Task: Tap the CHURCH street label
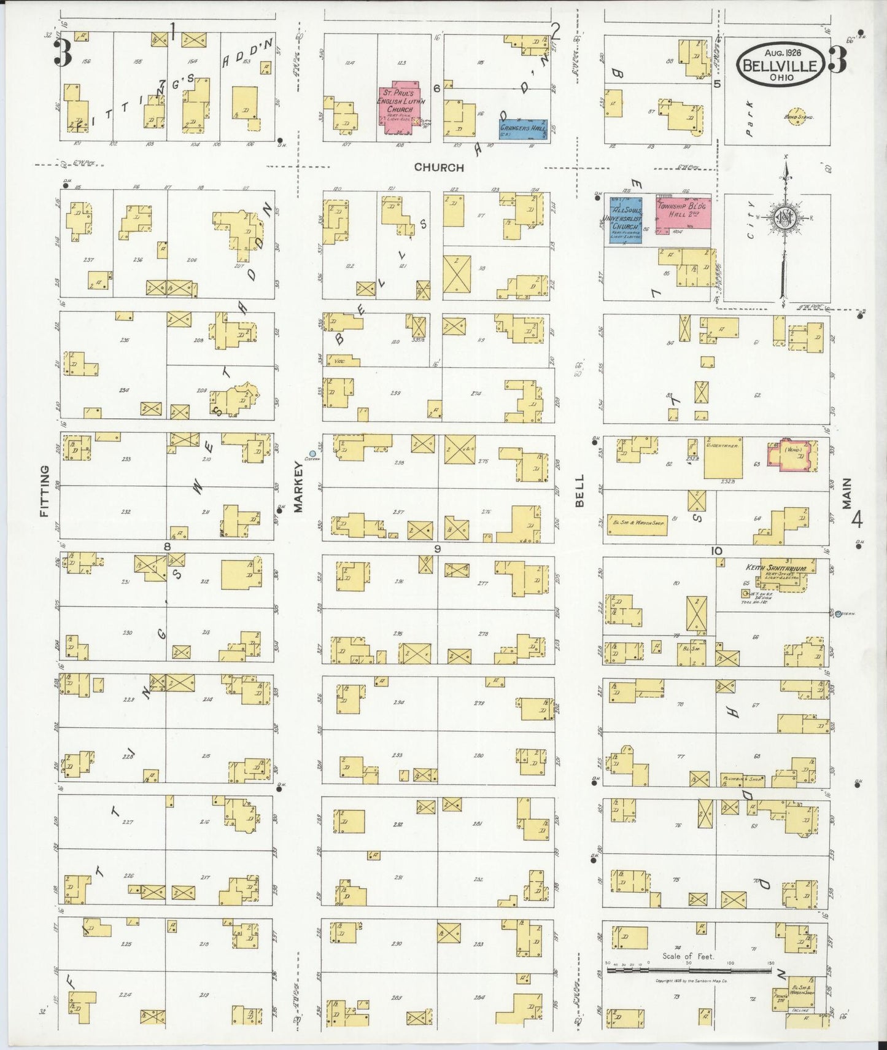pos(439,167)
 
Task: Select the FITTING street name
pos(44,491)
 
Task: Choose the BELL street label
pos(580,491)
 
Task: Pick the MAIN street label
pos(847,493)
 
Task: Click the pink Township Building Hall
pos(683,215)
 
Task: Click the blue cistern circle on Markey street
pos(312,453)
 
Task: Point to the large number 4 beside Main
pos(856,521)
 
